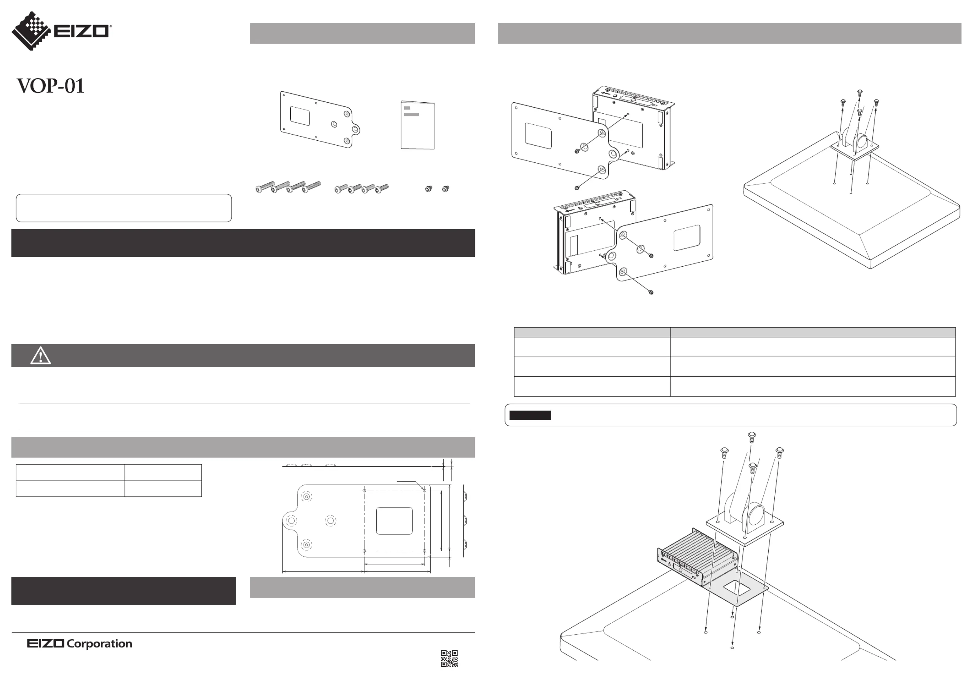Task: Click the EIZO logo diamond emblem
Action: coord(31,31)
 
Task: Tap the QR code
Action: coord(449,658)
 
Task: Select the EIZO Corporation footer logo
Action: coord(80,644)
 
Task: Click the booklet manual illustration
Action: coord(417,125)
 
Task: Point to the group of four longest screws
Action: coord(288,187)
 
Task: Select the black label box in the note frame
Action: coord(530,415)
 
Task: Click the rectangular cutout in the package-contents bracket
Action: coord(300,116)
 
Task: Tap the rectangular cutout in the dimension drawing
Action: coord(394,521)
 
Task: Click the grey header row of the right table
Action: coord(734,332)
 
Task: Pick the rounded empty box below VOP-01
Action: coord(124,208)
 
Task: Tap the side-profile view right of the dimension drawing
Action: coord(465,521)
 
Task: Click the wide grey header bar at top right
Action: coord(729,33)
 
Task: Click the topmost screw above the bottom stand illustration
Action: coord(752,437)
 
